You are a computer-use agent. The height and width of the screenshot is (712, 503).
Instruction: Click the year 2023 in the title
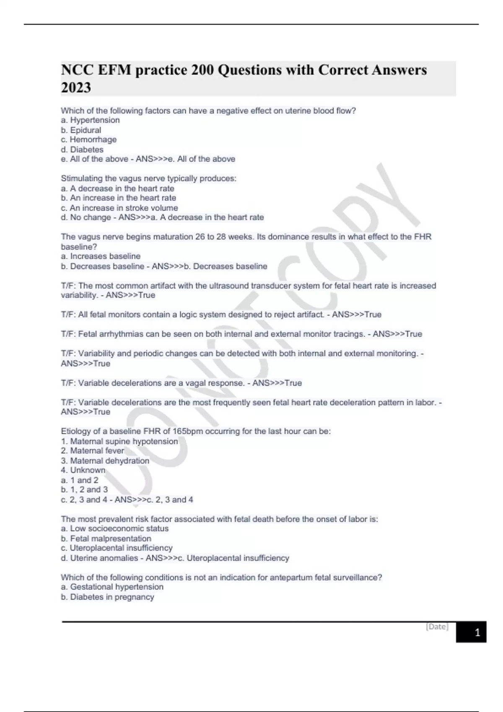76,88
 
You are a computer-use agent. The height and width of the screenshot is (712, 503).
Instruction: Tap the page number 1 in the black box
477,632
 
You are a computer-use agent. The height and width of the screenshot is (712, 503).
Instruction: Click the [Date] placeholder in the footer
437,627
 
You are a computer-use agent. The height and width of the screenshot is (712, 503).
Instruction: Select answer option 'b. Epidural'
81,130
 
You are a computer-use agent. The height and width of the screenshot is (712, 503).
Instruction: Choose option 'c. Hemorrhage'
88,139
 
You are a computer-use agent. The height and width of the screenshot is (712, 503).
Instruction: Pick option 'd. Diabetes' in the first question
82,150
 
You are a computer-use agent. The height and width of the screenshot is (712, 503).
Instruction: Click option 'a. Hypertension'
90,120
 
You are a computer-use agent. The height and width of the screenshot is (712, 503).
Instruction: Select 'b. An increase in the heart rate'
118,198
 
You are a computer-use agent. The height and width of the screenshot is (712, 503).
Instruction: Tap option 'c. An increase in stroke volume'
119,208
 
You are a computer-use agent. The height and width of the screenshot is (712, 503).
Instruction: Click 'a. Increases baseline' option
101,256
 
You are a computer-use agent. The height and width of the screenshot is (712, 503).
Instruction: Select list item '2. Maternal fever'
92,451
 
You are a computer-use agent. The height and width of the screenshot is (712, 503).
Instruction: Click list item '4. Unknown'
83,470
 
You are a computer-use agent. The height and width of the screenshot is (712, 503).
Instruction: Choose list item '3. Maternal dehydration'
105,461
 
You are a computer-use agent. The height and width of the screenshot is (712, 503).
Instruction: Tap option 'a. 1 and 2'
80,480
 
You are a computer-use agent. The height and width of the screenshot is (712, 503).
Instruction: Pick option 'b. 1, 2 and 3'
84,490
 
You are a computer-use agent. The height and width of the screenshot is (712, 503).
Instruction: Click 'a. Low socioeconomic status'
114,529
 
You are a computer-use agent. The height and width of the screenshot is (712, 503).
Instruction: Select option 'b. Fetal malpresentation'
106,539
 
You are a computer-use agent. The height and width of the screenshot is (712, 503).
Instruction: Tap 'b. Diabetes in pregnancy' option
107,597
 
